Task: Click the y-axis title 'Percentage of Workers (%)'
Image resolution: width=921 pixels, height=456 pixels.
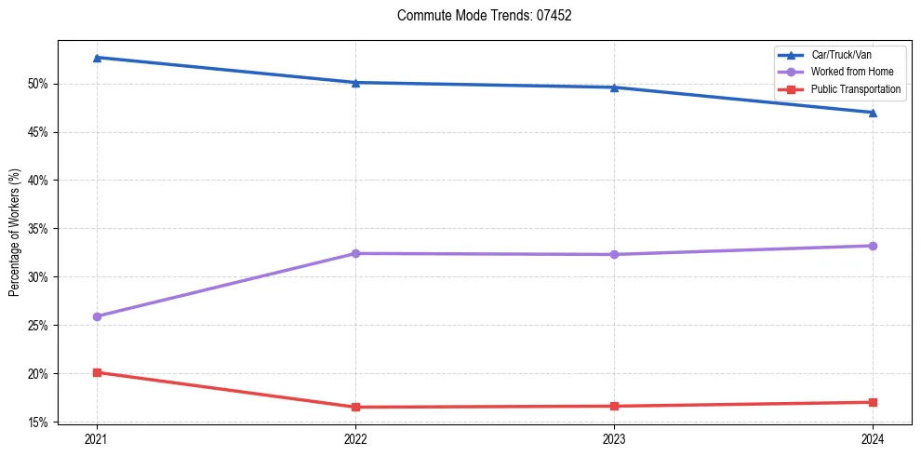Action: coord(15,233)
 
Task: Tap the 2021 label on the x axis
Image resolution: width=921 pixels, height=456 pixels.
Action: coord(97,438)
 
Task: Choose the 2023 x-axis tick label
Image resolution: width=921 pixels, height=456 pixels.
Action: coord(614,438)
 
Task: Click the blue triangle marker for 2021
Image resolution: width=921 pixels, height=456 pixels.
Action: coord(97,58)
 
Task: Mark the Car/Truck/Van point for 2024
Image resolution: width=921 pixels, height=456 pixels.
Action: coord(873,113)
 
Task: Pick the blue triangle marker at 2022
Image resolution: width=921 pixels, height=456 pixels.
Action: coord(355,83)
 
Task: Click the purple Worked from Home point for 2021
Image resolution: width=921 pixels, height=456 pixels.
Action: coord(97,316)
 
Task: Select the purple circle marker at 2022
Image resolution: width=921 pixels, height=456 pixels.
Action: coord(355,253)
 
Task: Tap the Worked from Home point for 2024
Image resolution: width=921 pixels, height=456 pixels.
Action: coord(873,246)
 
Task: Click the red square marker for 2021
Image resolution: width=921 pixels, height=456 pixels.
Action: coord(97,372)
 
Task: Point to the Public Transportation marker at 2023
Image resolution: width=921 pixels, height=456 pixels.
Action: coord(614,406)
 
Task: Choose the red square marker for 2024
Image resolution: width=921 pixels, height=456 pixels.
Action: coord(873,402)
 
